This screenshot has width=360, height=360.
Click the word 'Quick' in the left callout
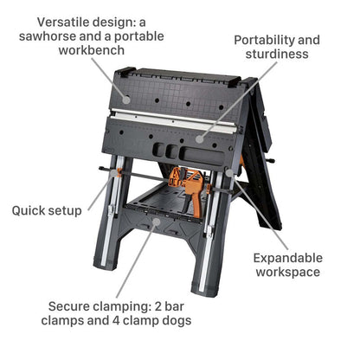tap(30, 209)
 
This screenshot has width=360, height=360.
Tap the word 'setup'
tap(67, 210)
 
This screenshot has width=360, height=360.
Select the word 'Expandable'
tap(287, 257)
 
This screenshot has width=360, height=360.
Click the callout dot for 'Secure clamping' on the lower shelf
tap(156, 222)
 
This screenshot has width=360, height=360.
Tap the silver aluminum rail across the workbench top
tap(173, 119)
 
